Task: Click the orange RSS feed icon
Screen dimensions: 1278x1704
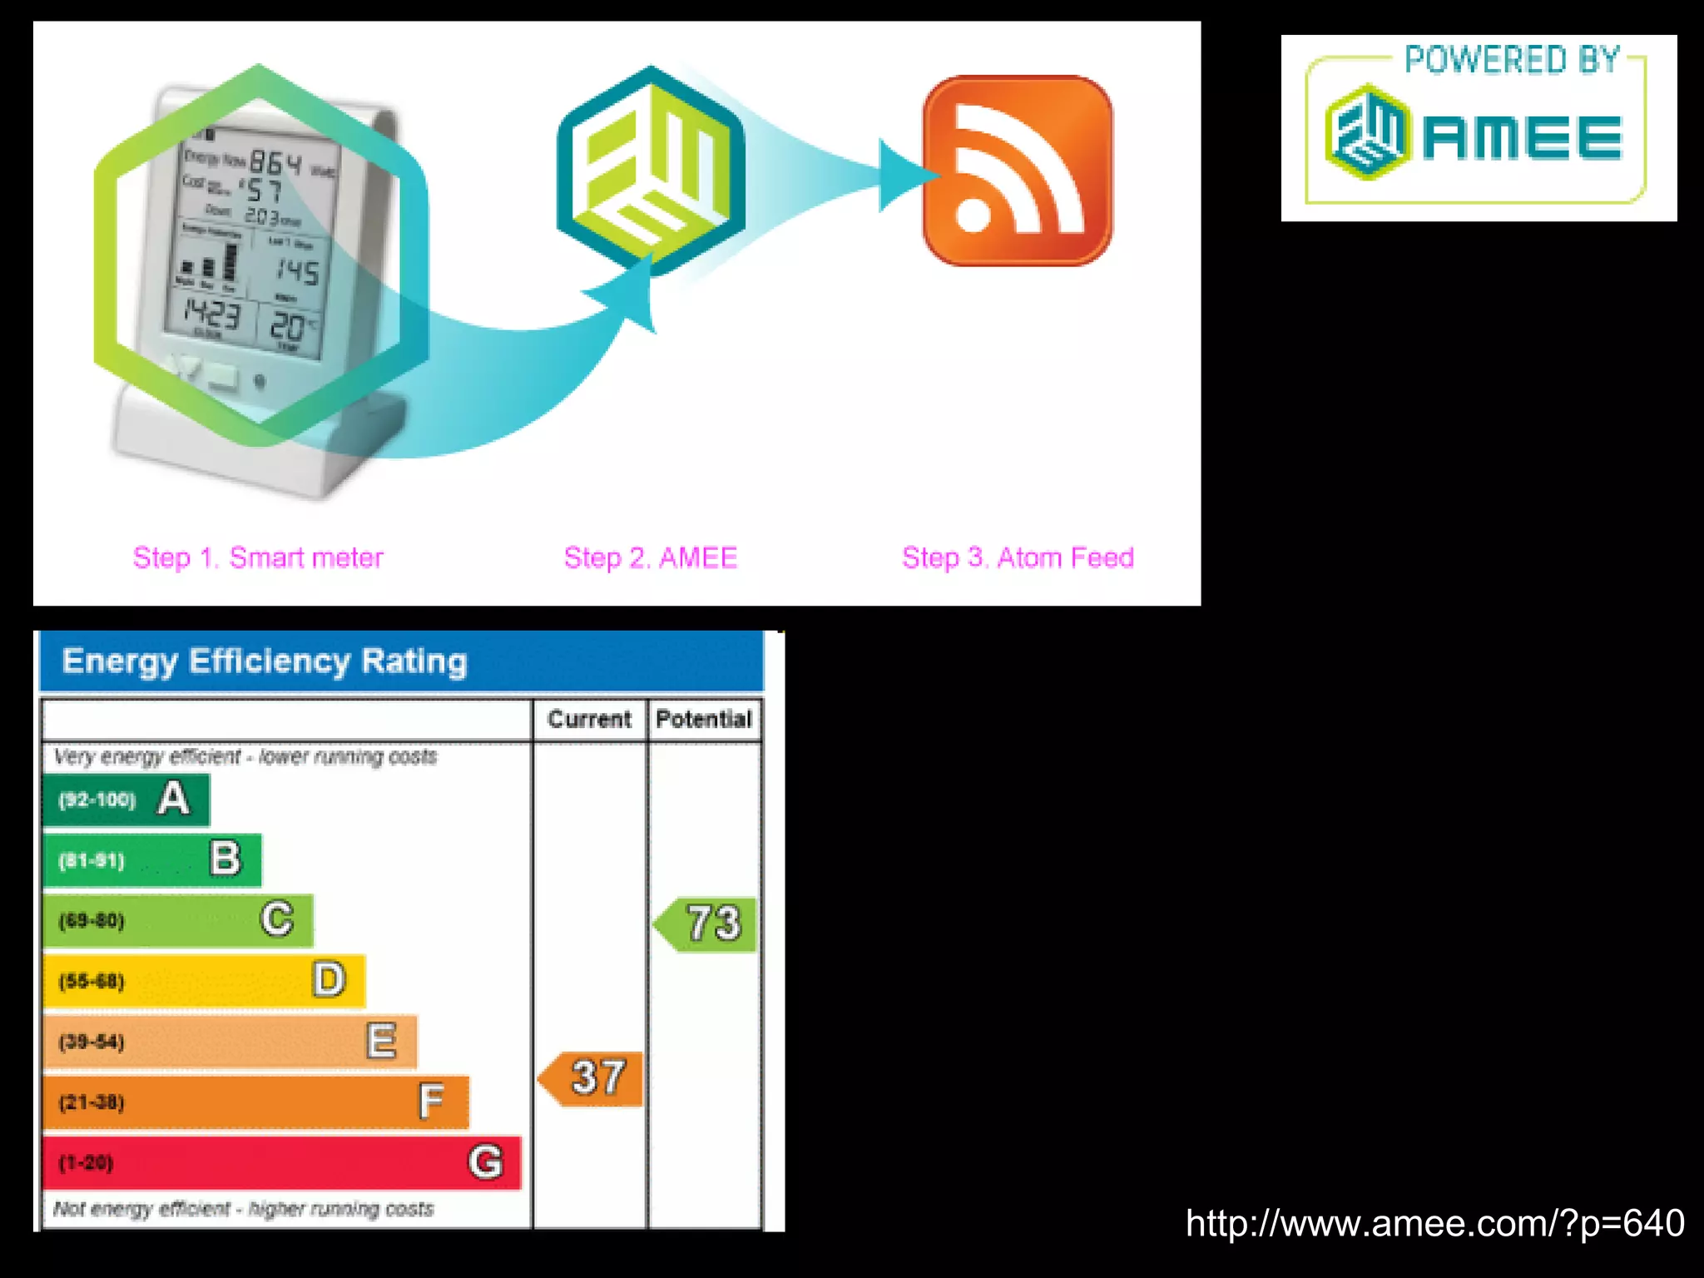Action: point(1017,171)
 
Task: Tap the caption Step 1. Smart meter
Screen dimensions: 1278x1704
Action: point(258,557)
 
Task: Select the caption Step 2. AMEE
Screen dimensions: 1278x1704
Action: point(651,557)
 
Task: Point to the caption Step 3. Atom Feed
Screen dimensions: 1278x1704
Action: point(1018,557)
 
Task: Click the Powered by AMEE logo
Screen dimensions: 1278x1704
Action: point(1478,128)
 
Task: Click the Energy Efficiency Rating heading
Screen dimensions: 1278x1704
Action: point(265,661)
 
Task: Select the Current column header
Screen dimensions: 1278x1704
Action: point(589,719)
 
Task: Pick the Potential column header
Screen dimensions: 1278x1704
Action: point(704,719)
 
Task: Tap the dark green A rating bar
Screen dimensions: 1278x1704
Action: point(126,800)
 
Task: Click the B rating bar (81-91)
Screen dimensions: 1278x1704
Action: point(151,860)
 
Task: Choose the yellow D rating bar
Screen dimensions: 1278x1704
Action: point(204,981)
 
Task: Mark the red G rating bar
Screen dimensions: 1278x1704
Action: point(281,1162)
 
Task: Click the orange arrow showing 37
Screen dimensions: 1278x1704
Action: point(592,1078)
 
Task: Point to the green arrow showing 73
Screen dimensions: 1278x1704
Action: point(707,924)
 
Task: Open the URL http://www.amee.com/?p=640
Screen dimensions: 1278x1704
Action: point(1434,1223)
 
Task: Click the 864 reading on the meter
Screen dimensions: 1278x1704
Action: point(275,162)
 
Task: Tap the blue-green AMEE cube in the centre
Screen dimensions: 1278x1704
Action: point(651,171)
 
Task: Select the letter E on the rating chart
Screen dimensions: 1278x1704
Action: point(382,1041)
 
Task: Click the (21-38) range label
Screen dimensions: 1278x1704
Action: point(92,1102)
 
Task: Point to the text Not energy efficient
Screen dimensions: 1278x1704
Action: point(141,1208)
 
